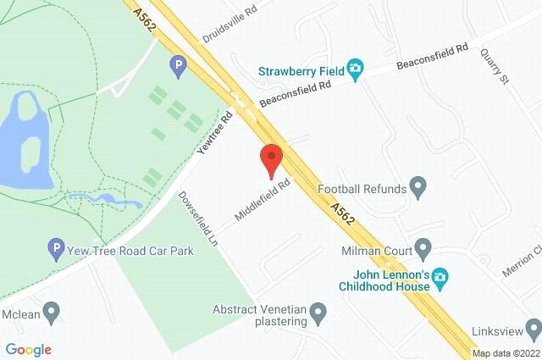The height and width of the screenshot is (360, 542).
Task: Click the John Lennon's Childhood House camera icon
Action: (439, 277)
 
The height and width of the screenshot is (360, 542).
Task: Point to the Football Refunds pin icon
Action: (418, 186)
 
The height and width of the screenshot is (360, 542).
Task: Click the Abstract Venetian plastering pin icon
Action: (319, 314)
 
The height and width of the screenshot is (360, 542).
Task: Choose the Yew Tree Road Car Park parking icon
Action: (56, 250)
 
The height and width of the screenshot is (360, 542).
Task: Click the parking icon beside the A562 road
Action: (178, 64)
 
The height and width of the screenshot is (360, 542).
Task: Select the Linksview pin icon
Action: (532, 328)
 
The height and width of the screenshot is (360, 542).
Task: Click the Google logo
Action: (28, 350)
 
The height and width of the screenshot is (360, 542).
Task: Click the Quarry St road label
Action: (499, 66)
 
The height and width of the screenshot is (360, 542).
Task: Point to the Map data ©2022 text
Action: (506, 353)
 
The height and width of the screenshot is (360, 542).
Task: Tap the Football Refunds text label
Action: (362, 188)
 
